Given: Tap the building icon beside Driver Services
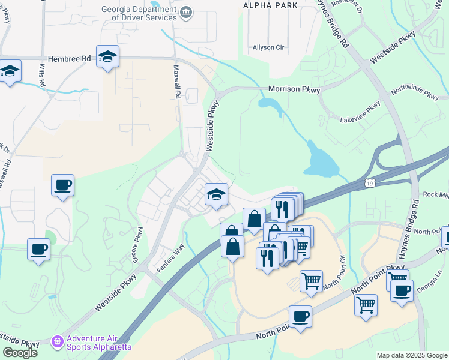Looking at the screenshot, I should click(x=186, y=12).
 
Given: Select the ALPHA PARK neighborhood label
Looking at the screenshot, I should click(x=263, y=5).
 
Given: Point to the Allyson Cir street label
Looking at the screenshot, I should click(x=268, y=47).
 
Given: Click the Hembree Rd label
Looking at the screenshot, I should click(x=70, y=58).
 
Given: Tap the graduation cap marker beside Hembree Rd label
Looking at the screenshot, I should click(x=107, y=57).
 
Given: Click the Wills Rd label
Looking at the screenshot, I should click(x=43, y=76).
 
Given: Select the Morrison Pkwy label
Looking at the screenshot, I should click(x=294, y=89).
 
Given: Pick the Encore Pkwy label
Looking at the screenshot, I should click(x=140, y=241).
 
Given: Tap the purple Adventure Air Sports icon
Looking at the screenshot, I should click(x=58, y=341).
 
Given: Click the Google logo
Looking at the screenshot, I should click(x=20, y=353).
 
